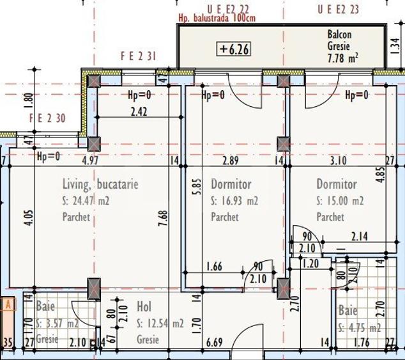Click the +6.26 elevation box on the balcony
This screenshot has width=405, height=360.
pos(234,48)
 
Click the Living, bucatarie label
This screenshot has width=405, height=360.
pos(100,184)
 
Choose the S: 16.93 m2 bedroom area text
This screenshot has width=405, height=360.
pos(234,201)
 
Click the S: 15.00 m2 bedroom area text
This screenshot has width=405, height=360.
pos(340,201)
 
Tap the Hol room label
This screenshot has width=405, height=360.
pos(144,307)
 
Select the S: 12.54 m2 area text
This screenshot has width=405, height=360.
pos(160,324)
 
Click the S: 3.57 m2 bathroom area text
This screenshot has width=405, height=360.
pos(57,322)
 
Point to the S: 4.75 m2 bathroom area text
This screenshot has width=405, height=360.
pos(360,328)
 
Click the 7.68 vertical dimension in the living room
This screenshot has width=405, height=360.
pos(164,223)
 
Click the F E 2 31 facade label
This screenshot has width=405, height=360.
pos(139,56)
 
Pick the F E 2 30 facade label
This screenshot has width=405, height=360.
pos(47,118)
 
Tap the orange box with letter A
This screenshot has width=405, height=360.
pos(9,304)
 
